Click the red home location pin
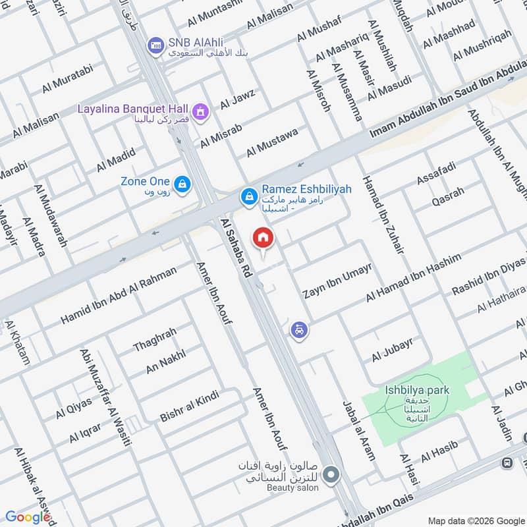(263, 238)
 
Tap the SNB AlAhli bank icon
(156, 45)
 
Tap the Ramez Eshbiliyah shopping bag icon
(248, 196)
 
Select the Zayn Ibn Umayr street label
(337, 281)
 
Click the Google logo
(28, 517)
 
